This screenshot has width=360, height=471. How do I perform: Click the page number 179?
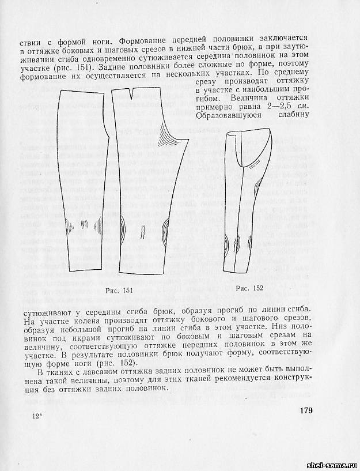pos(305,410)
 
